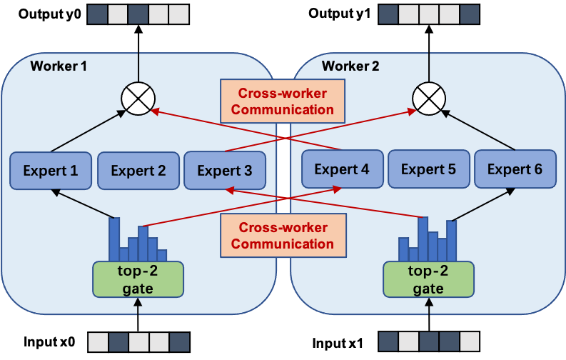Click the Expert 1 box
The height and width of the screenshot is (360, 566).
(51, 171)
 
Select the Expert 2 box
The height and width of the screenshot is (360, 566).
(138, 171)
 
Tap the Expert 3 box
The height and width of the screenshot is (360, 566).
(225, 171)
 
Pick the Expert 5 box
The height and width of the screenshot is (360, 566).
(428, 169)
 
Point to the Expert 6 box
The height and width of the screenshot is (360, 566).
(515, 169)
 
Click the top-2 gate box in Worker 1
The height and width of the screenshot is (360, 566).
(138, 279)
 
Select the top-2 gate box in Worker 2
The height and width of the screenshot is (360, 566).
(428, 279)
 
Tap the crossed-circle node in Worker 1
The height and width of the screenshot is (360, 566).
(138, 99)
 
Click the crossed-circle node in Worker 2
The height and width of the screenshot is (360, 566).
(429, 99)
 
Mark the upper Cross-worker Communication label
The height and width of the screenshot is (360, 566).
(283, 101)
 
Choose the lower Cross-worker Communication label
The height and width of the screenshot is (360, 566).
(283, 236)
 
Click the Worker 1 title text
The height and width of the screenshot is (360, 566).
(59, 66)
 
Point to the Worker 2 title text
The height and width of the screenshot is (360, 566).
(350, 66)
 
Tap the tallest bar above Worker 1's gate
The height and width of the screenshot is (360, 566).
(114, 239)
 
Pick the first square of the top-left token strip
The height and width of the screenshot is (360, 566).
(97, 14)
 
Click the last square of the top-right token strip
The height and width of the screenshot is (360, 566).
(470, 14)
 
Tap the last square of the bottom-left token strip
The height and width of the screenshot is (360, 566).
(179, 341)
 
